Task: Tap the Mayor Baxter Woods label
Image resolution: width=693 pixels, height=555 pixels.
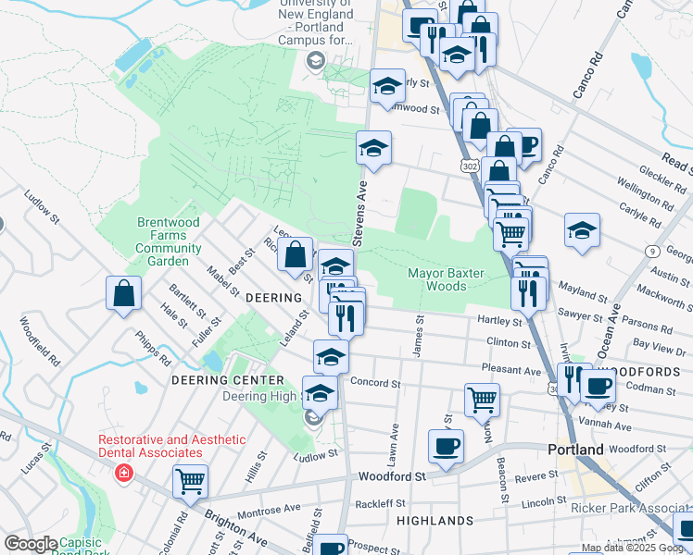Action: point(450,279)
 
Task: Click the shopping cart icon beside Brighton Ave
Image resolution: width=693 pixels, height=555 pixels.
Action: point(190,480)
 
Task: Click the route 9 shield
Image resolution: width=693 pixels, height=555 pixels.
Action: point(653,251)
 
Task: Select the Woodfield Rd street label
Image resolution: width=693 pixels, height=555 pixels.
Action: point(40,340)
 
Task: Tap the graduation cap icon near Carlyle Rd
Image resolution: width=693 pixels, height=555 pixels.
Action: point(582,230)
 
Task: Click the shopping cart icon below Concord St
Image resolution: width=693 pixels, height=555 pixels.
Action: point(482,400)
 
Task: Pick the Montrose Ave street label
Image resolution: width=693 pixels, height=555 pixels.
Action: point(270,510)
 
